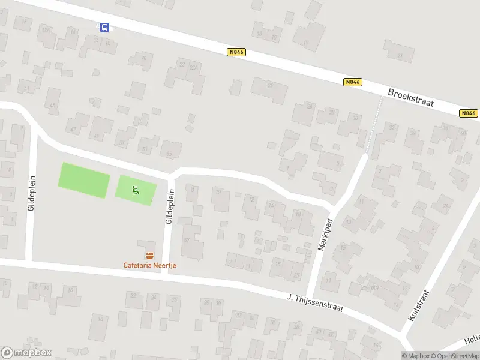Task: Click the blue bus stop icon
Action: point(104,27)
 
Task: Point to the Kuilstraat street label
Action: point(419,306)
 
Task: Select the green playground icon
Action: point(136,191)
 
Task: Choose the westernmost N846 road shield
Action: point(236,53)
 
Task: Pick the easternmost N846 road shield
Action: point(469,113)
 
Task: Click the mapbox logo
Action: point(26,353)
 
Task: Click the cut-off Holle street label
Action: point(471,340)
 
